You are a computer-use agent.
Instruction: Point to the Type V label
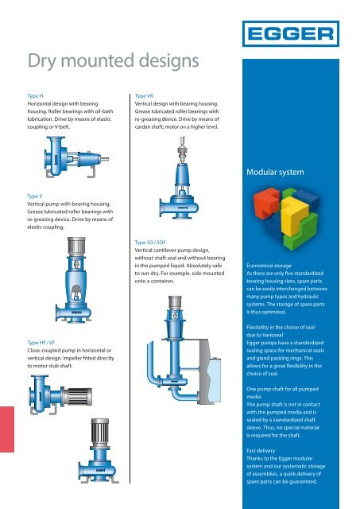tap(36, 194)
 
